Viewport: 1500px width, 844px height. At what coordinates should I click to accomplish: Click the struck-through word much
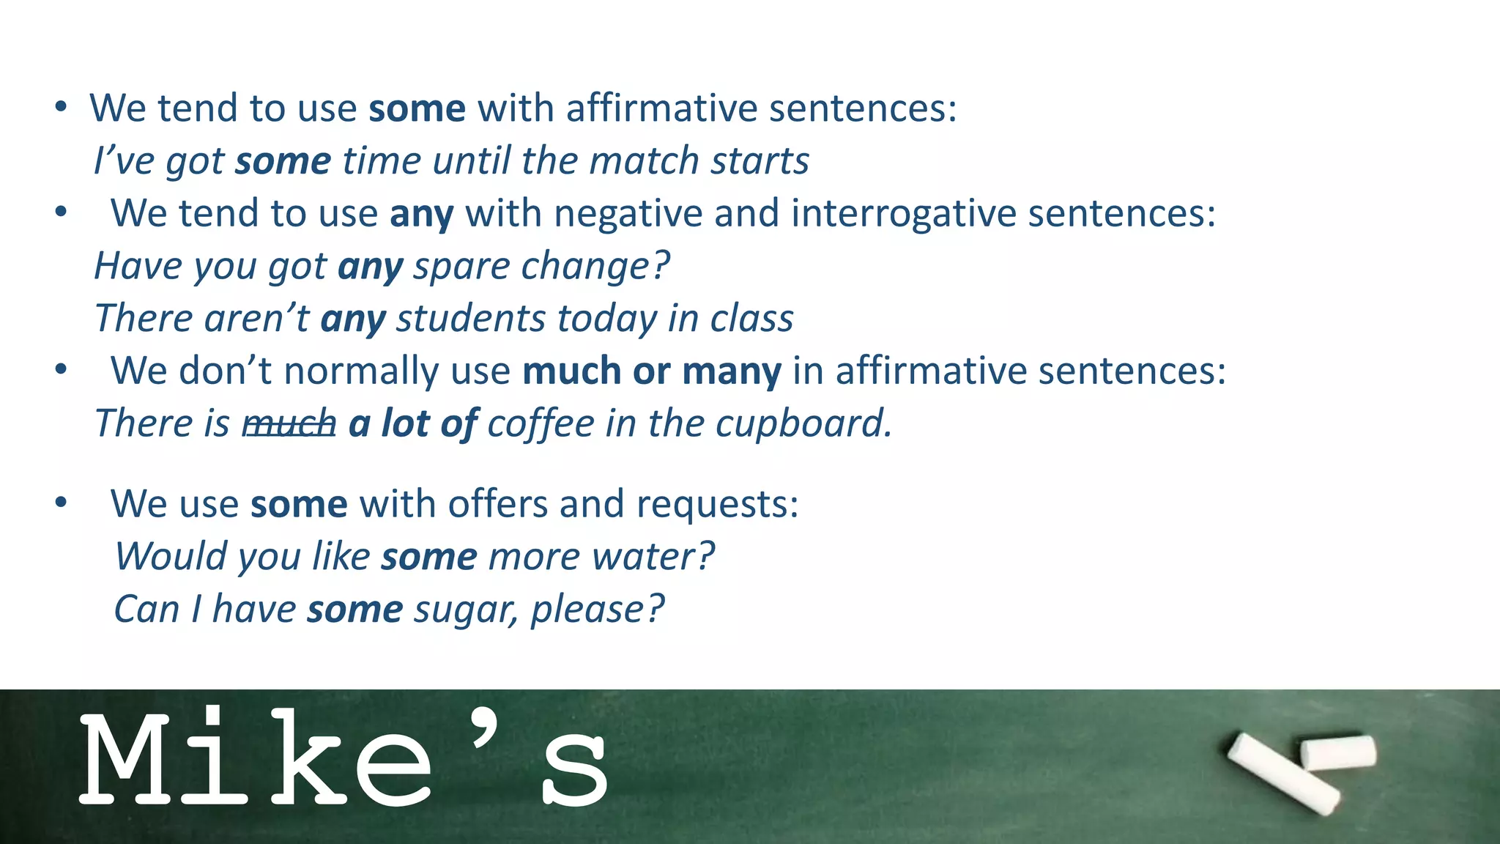[289, 423]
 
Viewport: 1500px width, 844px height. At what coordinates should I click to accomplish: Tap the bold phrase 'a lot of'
[413, 423]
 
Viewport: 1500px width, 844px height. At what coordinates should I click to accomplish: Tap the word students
[471, 319]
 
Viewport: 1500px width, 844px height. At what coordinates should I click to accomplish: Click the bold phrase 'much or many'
[652, 371]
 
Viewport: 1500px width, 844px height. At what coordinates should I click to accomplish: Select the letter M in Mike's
[128, 760]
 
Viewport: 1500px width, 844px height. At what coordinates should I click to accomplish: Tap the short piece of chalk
[1338, 752]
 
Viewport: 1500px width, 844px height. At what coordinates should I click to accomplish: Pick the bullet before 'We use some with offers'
[61, 503]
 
